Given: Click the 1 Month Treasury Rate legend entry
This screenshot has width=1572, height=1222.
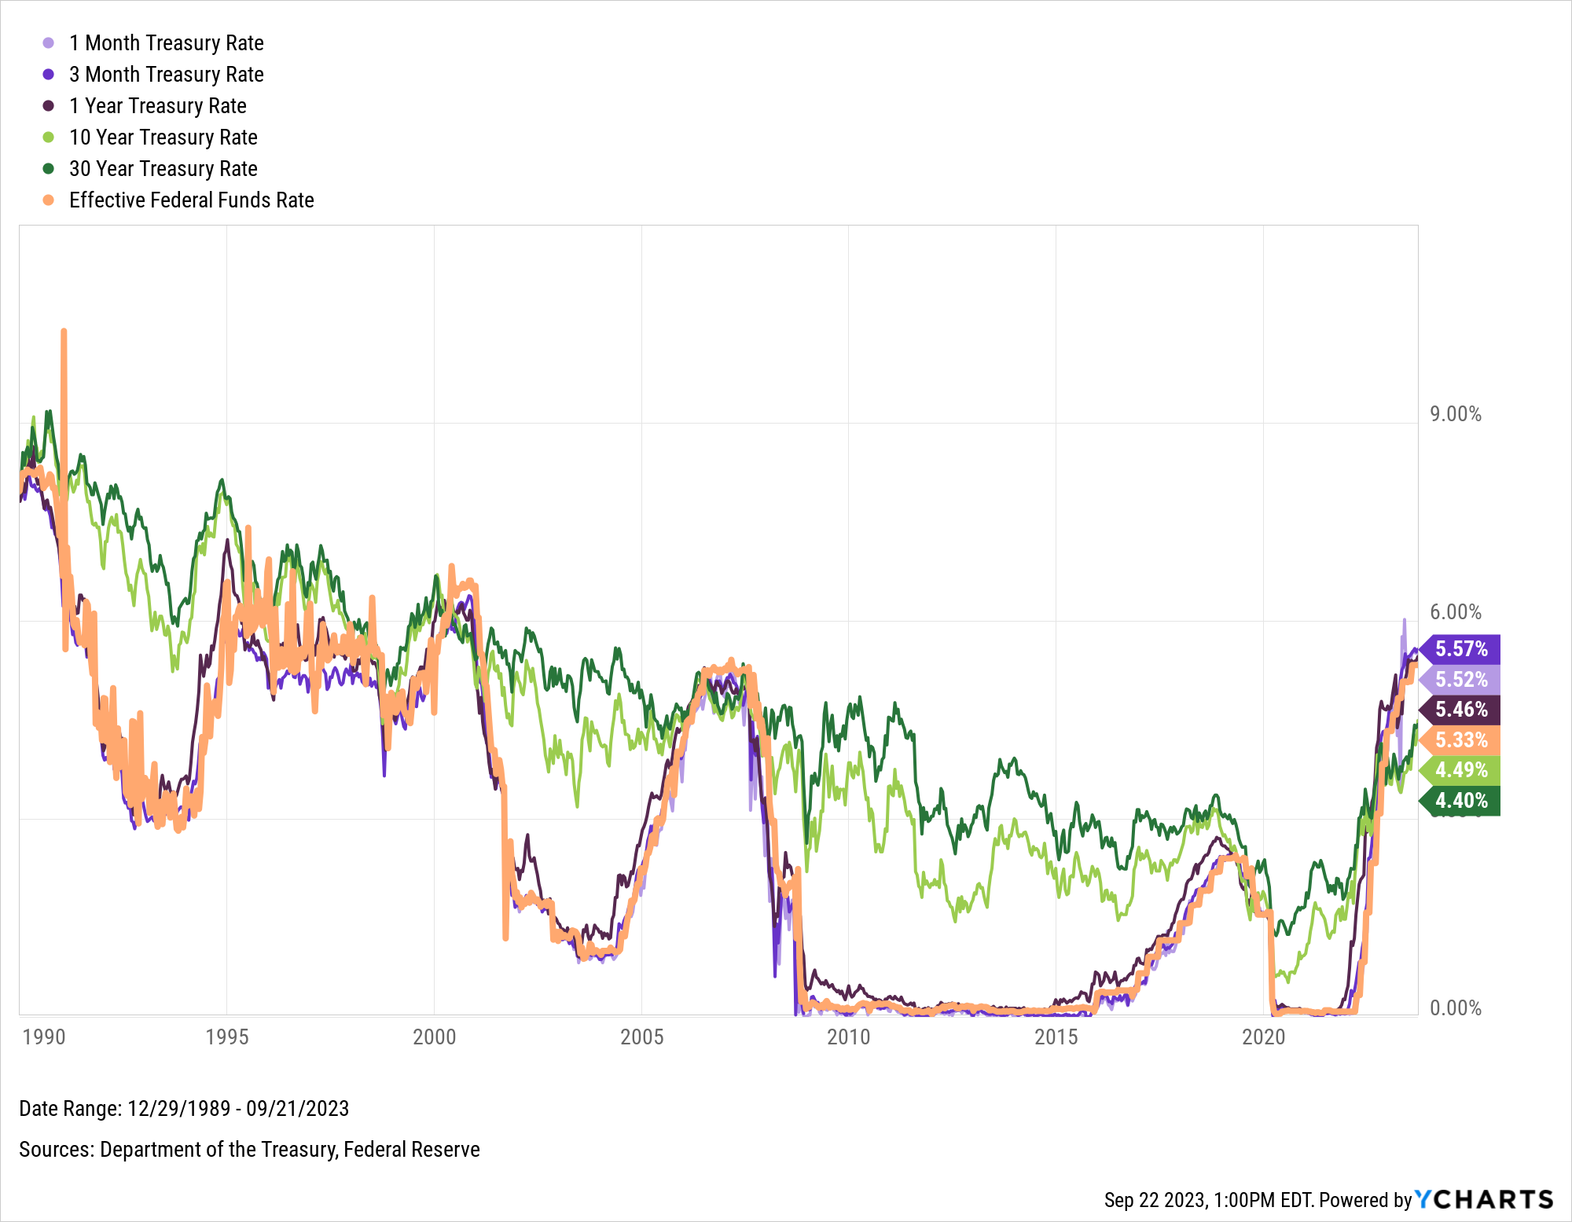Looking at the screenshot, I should click(x=166, y=43).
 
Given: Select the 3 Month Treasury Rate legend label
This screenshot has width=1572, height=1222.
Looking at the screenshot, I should click(x=166, y=75).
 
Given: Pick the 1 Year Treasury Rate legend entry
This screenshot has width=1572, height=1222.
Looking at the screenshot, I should click(x=157, y=106).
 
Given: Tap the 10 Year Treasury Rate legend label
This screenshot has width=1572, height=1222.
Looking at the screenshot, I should click(x=163, y=138).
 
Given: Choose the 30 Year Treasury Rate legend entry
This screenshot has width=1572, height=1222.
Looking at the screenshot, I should click(x=163, y=169).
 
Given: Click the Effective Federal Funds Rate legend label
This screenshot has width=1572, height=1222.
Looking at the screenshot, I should click(x=191, y=200).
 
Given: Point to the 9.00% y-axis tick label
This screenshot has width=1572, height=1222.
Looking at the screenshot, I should click(x=1455, y=414).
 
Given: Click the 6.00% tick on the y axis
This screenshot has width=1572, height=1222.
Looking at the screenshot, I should click(x=1455, y=612).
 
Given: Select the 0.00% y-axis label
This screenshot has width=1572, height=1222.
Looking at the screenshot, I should click(x=1455, y=1008).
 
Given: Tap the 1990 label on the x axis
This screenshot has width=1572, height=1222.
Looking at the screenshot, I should click(x=44, y=1037).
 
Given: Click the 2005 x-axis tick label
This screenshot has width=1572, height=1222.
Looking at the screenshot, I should click(x=641, y=1037).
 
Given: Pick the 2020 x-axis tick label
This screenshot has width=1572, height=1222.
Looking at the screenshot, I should click(x=1263, y=1037).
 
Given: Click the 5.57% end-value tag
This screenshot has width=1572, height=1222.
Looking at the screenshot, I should click(x=1461, y=649).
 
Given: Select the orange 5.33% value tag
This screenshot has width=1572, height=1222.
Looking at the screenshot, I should click(x=1461, y=740).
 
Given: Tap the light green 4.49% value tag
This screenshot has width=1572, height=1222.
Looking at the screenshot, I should click(x=1461, y=770).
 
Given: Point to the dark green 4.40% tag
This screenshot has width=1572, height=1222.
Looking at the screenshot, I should click(x=1461, y=801).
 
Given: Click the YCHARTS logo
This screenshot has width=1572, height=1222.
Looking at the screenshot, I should click(x=1484, y=1199).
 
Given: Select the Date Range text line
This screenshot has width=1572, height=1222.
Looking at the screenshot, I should click(x=184, y=1109).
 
